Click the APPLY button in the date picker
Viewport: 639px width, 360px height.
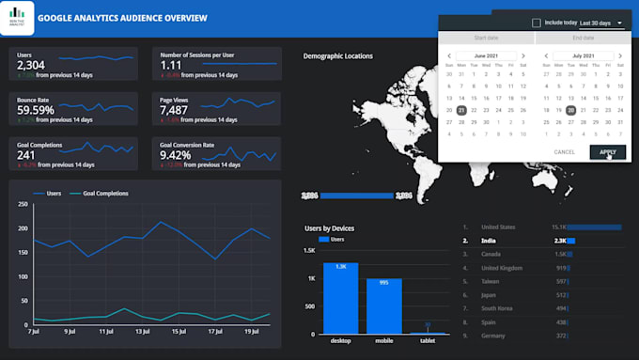point(607,151)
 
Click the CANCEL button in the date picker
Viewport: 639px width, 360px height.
point(565,151)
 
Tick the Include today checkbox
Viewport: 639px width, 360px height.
point(537,23)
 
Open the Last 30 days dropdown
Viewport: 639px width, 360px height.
point(601,23)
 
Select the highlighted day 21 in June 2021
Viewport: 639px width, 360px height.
point(461,110)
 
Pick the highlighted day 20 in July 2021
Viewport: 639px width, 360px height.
point(570,110)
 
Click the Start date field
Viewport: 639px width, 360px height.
point(486,39)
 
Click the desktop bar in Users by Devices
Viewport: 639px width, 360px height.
point(340,298)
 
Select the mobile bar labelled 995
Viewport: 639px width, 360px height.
point(384,305)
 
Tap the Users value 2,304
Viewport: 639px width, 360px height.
point(31,64)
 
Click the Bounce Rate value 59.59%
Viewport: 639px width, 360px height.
point(36,110)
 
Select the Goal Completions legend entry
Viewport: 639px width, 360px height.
point(104,194)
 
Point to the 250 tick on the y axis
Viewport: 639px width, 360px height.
point(21,204)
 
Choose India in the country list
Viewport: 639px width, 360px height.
point(491,241)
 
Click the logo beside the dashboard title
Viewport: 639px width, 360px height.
point(17,19)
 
